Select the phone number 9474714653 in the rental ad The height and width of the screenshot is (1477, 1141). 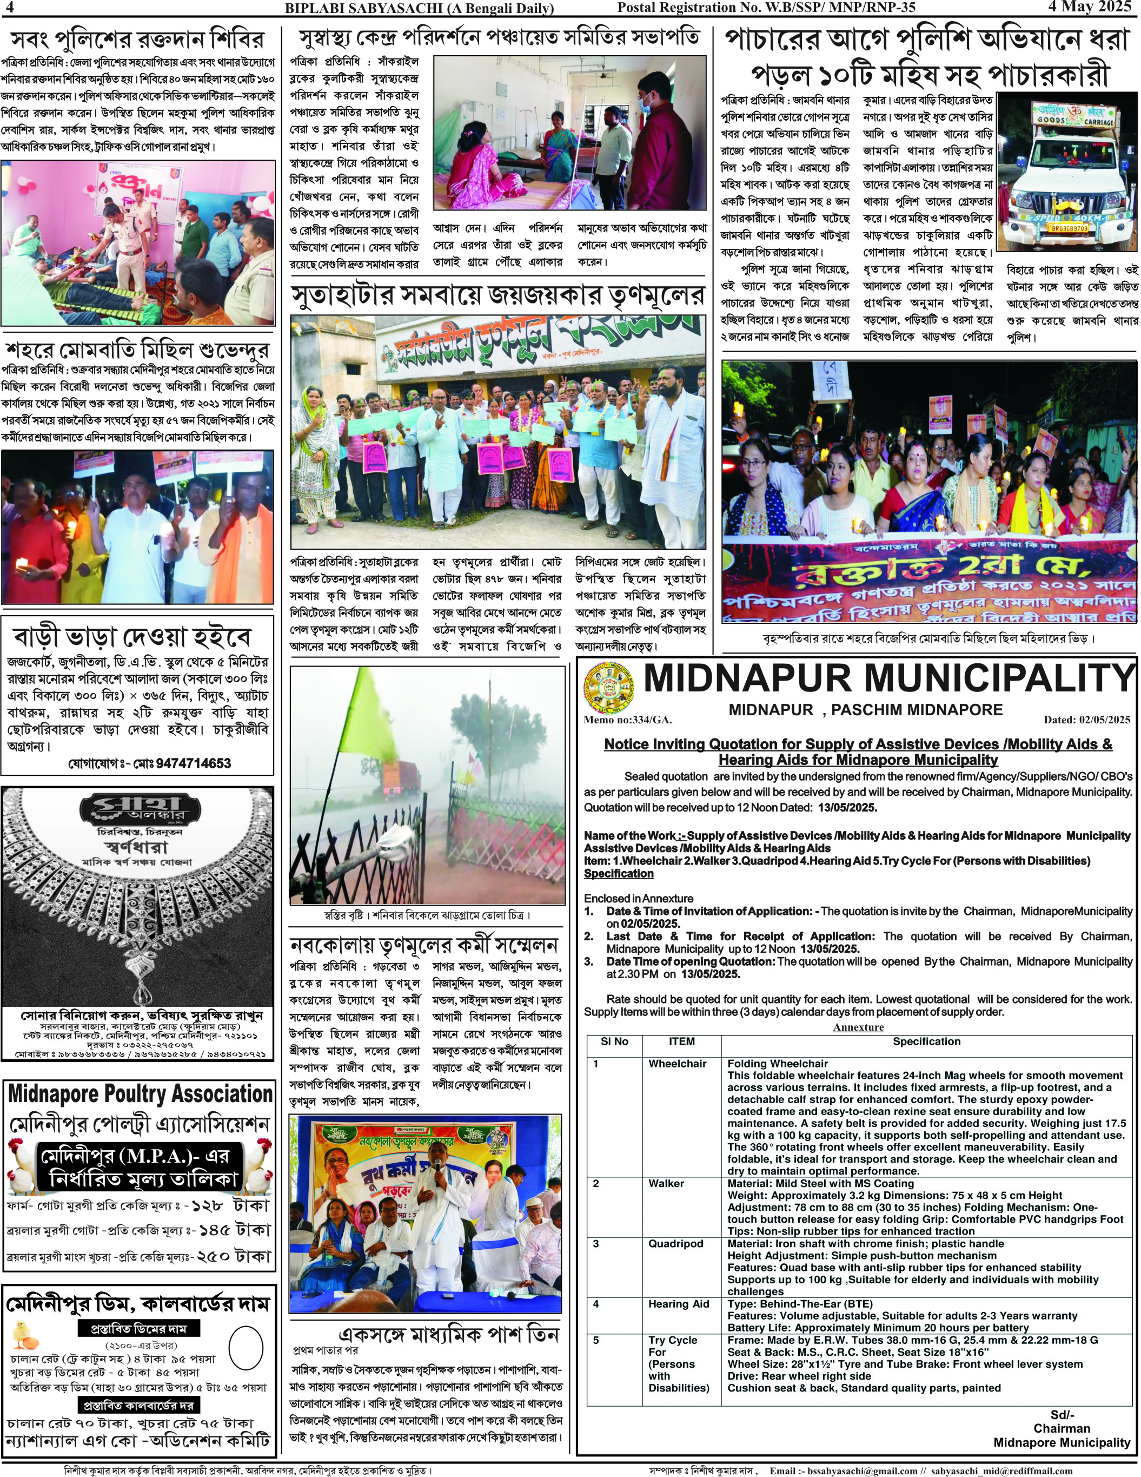(194, 763)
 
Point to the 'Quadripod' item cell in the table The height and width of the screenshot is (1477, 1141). (676, 1244)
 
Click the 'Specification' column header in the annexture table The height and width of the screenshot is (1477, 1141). (926, 1041)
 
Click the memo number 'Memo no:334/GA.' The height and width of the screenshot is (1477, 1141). (627, 720)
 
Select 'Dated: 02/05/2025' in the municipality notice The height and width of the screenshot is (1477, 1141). (1086, 720)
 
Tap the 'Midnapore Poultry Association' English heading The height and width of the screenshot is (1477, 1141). (141, 1093)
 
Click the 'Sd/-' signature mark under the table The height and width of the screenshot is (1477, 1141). (1062, 1414)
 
